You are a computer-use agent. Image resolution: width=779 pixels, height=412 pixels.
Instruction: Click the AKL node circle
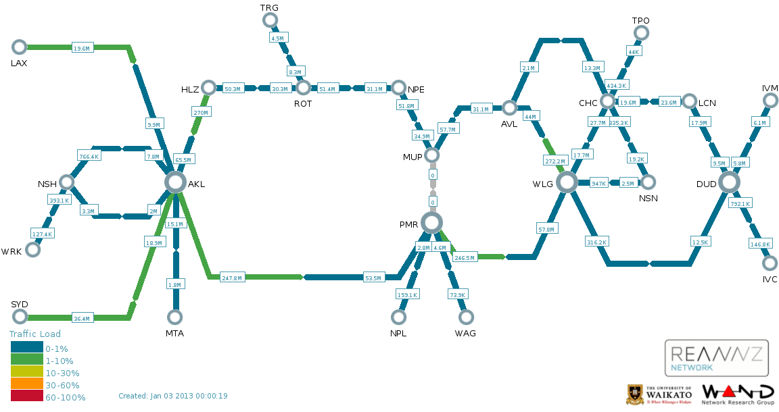[x=175, y=182]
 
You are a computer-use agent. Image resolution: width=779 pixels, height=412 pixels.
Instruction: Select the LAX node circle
[x=20, y=47]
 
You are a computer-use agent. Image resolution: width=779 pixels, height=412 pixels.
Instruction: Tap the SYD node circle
[x=20, y=317]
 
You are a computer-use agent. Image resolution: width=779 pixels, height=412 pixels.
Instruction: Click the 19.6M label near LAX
[x=81, y=48]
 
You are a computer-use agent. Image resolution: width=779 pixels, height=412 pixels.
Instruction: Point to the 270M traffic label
[x=201, y=112]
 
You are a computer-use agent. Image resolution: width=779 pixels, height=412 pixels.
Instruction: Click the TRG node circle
[x=270, y=20]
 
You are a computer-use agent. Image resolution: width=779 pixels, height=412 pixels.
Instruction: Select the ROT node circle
[x=303, y=88]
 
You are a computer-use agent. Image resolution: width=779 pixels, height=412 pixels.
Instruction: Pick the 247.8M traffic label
[x=232, y=278]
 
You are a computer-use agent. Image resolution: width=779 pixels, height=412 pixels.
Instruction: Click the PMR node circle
[x=431, y=222]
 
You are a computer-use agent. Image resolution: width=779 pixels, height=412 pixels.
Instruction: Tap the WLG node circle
[x=567, y=182]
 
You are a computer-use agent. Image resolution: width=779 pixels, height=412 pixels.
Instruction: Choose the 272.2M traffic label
[x=554, y=161]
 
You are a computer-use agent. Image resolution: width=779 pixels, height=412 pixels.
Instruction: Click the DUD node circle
[x=729, y=182]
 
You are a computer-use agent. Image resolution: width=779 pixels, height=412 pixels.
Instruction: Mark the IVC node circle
[x=770, y=263]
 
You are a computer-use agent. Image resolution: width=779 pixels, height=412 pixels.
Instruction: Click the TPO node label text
[x=640, y=20]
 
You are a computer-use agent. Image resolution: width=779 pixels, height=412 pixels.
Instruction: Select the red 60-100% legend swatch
[x=26, y=397]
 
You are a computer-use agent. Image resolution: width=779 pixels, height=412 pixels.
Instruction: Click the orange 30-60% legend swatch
[x=26, y=385]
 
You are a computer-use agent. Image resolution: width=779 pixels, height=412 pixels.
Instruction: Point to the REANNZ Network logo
[x=717, y=358]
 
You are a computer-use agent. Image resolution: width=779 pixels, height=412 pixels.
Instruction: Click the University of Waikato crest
[x=635, y=394]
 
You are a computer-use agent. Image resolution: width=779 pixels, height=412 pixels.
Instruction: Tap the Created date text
[x=172, y=396]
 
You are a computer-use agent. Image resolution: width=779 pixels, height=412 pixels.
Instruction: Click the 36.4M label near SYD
[x=81, y=318]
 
